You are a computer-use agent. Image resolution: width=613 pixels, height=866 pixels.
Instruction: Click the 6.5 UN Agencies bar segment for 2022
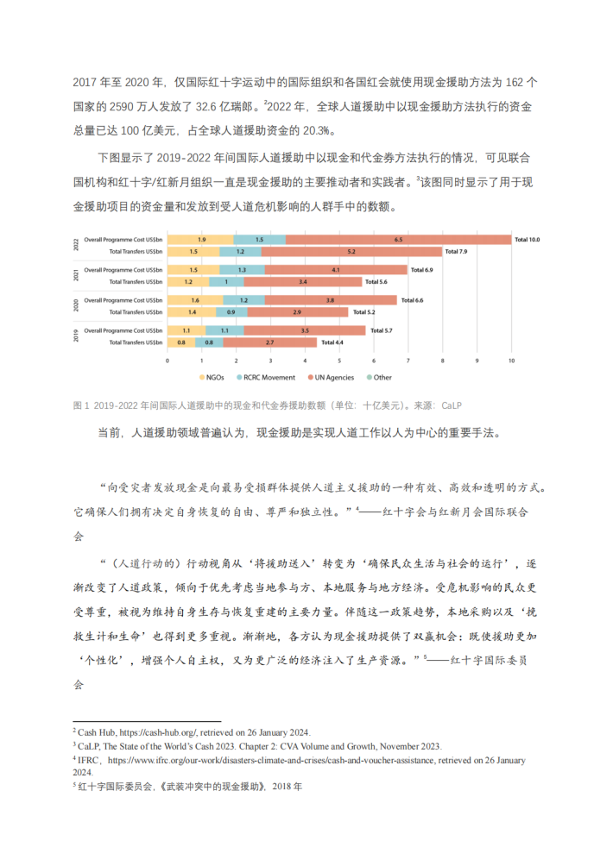click(399, 239)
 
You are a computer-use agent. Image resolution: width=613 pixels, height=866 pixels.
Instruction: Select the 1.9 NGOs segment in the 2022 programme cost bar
click(200, 239)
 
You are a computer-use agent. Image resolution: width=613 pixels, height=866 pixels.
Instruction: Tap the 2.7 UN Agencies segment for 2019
click(269, 342)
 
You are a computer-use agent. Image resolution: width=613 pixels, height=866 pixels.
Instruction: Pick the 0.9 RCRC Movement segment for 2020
click(231, 311)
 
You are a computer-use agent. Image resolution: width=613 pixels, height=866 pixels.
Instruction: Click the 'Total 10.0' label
click(527, 239)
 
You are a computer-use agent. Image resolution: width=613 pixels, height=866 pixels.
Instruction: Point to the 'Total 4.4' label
click(332, 342)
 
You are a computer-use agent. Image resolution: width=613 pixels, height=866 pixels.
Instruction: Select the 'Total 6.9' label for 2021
click(422, 270)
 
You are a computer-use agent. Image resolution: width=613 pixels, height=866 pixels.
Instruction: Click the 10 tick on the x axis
click(511, 361)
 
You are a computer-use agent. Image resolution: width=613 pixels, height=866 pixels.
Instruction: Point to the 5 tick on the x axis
click(339, 361)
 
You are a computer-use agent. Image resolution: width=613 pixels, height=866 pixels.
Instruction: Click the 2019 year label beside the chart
click(76, 337)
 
